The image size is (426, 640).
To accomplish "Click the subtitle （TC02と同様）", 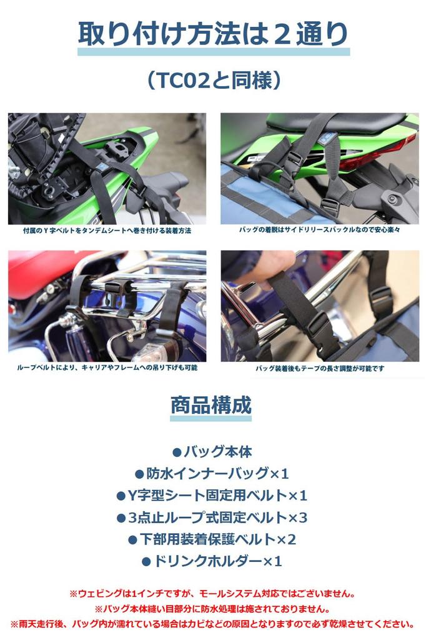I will [213, 80].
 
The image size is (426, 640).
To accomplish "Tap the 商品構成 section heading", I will [211, 406].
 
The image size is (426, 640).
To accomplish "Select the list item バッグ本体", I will [211, 452].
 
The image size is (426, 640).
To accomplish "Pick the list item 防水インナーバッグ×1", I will [212, 474].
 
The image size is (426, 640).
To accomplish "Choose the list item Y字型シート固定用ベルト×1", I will [212, 496].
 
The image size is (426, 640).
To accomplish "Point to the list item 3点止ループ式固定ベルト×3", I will [212, 517].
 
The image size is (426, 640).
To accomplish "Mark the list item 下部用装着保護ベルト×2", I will [212, 539].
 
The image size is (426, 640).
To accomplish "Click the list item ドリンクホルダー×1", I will [212, 561].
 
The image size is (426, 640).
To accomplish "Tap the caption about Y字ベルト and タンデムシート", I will [107, 231].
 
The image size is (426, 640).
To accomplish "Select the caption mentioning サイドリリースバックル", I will [320, 231].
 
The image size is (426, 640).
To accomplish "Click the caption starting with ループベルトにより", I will [107, 368].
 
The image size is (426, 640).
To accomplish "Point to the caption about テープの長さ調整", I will [320, 369].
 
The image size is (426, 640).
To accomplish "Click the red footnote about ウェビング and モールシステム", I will [212, 593].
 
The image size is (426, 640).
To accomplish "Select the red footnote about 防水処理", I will [212, 608].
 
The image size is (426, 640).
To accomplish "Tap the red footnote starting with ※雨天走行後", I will [212, 624].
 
